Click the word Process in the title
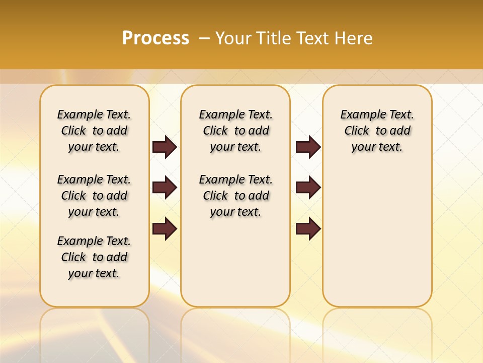coord(155,38)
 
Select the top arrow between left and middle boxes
coord(165,147)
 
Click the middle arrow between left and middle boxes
coord(165,188)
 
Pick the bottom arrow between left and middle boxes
coord(165,229)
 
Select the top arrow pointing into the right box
coord(308,147)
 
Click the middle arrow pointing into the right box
coord(308,188)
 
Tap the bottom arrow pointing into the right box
coord(308,229)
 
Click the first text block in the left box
coord(94,131)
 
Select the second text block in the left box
coord(94,196)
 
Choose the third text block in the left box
coord(94,257)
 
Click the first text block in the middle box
coord(235,131)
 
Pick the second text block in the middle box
coord(235,196)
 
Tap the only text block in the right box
coord(377,131)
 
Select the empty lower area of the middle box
coord(235,262)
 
